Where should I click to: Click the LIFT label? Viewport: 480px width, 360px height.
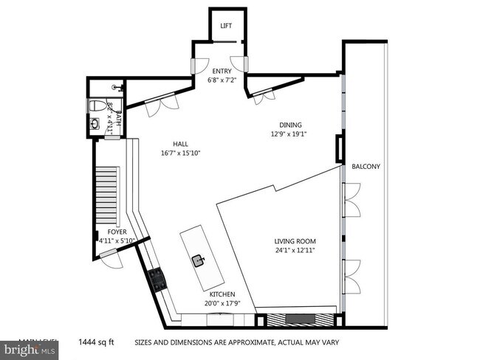(x=226, y=26)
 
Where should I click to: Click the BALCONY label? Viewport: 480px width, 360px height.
(x=366, y=167)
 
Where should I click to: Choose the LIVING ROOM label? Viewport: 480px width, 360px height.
(x=295, y=240)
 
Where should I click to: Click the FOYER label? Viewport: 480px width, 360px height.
(x=107, y=232)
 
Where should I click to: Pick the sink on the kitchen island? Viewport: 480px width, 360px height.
(x=199, y=260)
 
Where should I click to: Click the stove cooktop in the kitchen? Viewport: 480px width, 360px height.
(x=158, y=278)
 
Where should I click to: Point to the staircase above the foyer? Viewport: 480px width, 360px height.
(x=109, y=195)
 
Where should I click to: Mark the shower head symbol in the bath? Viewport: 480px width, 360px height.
(x=115, y=86)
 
